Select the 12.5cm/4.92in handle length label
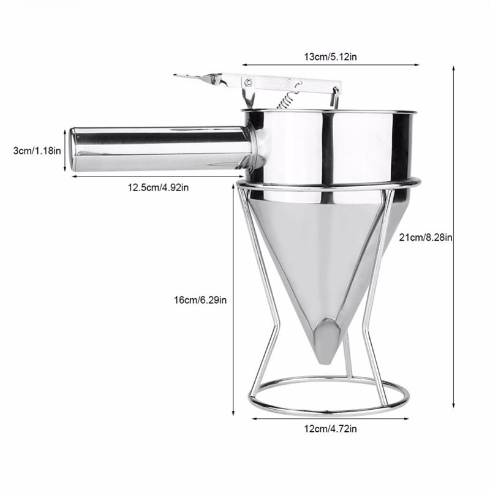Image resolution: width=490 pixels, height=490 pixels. (157, 187)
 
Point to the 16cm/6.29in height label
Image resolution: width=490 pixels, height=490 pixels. (200, 300)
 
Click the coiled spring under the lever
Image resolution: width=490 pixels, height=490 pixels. (282, 99)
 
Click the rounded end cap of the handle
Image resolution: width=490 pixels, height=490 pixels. (75, 149)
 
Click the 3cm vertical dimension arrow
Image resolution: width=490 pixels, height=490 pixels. (65, 149)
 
